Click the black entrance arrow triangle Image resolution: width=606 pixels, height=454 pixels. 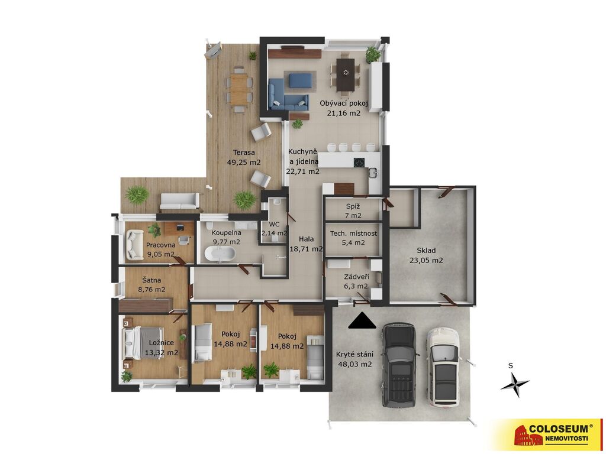362,321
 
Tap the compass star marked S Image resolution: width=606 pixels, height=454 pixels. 515,384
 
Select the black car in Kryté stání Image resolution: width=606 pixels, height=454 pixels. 399,365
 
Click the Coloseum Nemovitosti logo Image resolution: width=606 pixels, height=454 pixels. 548,434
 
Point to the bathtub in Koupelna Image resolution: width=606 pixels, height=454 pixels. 220,254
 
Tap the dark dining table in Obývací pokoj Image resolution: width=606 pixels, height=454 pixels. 345,74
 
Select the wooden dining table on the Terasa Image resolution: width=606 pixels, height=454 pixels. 239,89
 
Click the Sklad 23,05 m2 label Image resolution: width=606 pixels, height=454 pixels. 426,255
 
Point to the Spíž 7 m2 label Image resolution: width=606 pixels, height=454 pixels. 353,211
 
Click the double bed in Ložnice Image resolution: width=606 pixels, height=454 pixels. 143,343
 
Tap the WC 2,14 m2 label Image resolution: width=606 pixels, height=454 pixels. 275,229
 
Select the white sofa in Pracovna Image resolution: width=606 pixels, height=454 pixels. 135,245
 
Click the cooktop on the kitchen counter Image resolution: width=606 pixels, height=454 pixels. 359,162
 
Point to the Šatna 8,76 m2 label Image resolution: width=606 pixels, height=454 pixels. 151,284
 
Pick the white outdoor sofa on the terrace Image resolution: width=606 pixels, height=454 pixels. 180,201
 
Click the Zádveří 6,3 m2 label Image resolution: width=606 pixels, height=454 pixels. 356,281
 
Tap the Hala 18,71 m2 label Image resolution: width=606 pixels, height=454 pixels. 306,244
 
